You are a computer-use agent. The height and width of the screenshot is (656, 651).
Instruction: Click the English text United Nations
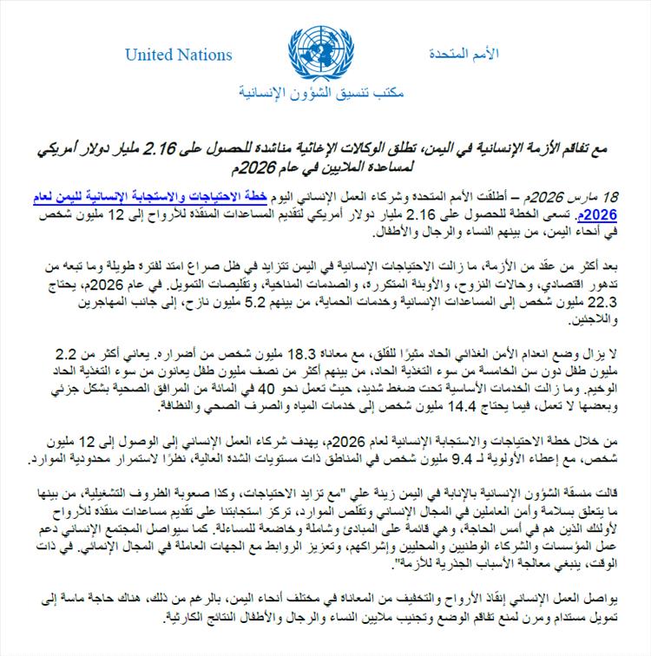click(x=179, y=55)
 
